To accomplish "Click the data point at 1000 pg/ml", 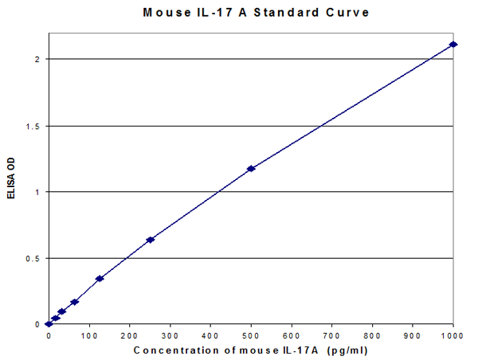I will (453, 44).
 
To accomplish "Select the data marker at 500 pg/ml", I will (251, 168).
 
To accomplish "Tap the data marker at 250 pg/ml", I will (150, 240).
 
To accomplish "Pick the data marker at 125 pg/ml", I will (100, 278).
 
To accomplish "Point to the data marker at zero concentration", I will (49, 324).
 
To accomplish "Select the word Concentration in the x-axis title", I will (170, 350).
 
